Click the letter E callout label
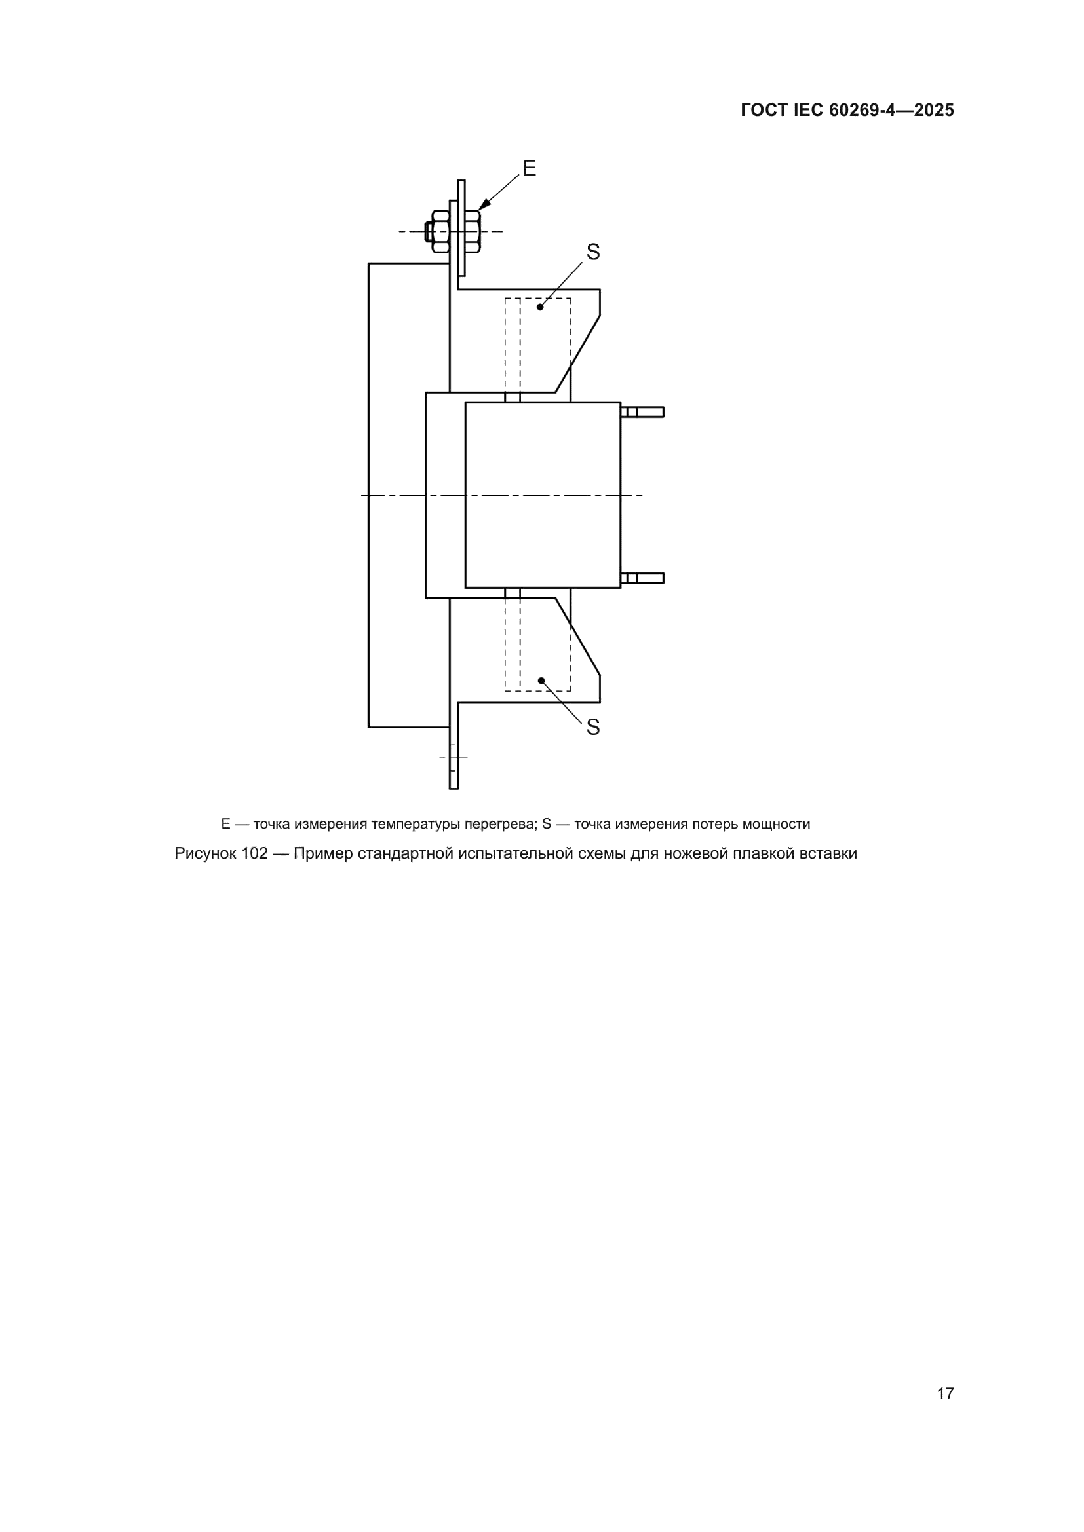(x=530, y=168)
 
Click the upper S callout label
(x=592, y=252)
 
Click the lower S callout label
(x=592, y=727)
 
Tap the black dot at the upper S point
(x=540, y=307)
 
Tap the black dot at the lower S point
(x=541, y=681)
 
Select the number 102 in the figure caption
(x=254, y=853)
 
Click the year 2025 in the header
(x=934, y=111)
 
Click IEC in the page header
(x=809, y=111)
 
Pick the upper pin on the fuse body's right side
(x=642, y=412)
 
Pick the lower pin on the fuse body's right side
(x=642, y=578)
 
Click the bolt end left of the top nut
(x=429, y=231)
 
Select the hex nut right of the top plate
(x=472, y=231)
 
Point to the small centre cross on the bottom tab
(x=454, y=758)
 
